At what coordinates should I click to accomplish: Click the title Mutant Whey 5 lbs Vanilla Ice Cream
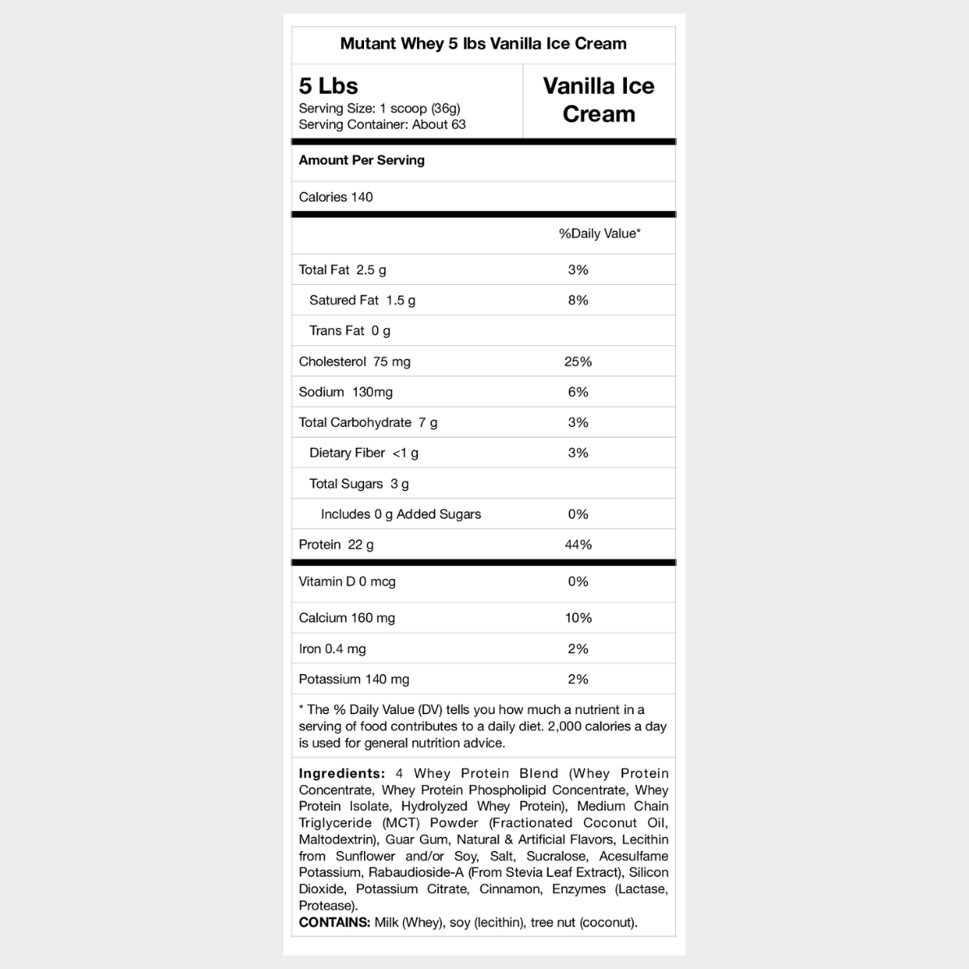(483, 44)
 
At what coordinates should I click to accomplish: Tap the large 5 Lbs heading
(328, 85)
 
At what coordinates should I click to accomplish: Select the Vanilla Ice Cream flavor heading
(598, 100)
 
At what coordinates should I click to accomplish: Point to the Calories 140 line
(335, 197)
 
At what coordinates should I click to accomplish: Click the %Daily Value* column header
(599, 234)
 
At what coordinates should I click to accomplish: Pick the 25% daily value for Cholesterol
(578, 362)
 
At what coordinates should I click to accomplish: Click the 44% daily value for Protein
(578, 545)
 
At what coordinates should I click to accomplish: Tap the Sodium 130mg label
(345, 392)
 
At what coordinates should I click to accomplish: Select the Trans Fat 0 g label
(349, 331)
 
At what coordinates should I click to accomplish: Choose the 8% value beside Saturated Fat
(578, 300)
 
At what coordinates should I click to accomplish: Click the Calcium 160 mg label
(347, 618)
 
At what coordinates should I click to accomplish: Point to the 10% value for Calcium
(578, 618)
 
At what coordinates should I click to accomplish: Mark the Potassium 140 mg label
(354, 679)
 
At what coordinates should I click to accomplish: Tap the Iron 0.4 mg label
(332, 649)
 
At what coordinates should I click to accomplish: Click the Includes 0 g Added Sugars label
(401, 515)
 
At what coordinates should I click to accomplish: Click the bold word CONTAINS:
(335, 923)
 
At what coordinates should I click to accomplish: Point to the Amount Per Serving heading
(362, 160)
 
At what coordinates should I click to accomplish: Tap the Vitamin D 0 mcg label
(347, 581)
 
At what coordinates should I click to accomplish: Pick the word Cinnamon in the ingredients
(510, 889)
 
